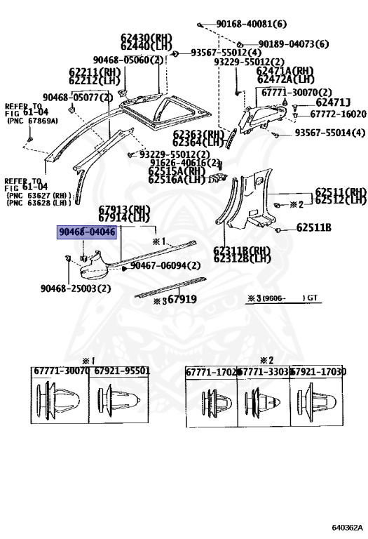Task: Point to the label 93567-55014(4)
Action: point(329,133)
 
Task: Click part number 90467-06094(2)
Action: point(165,266)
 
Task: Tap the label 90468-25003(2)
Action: point(75,288)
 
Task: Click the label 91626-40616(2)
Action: point(184,162)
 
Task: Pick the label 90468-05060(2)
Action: point(128,61)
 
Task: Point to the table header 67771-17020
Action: point(212,372)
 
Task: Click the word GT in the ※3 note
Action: point(312,298)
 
